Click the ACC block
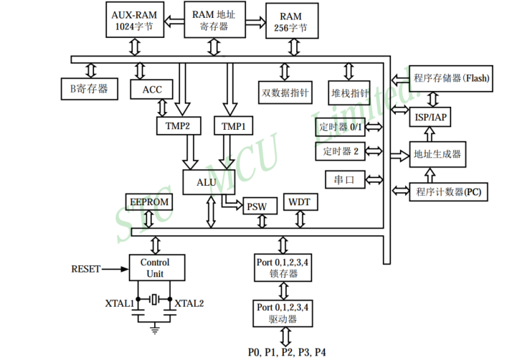152,89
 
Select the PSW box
257,207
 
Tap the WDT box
299,202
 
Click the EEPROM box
149,202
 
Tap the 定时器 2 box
341,151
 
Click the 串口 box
341,179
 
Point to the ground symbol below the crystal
155,329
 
